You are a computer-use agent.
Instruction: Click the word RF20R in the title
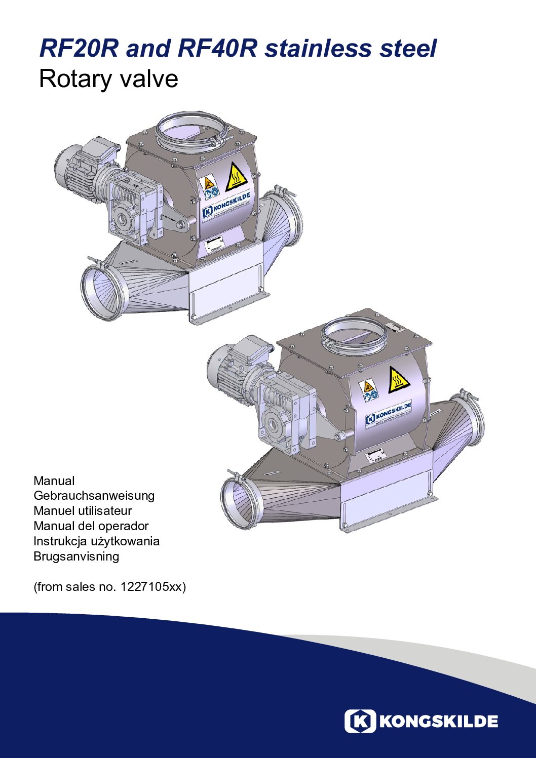coord(79,48)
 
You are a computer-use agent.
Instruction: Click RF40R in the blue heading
coord(217,48)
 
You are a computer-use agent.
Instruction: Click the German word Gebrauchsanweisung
coord(94,495)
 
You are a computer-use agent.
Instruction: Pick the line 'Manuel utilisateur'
coord(83,510)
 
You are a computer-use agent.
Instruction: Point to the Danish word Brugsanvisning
coord(76,556)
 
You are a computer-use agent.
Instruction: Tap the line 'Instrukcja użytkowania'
coord(96,541)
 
